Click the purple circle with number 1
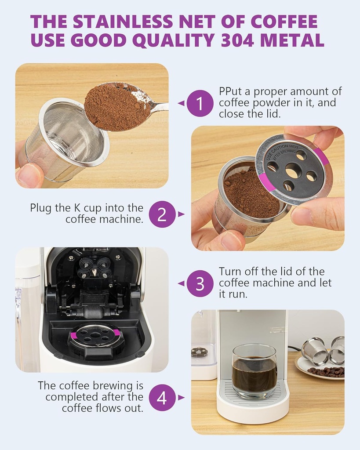[200, 103]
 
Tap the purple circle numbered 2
[162, 214]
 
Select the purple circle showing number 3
[200, 283]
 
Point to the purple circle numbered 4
[162, 398]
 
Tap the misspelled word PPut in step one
[230, 91]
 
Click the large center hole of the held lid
[294, 170]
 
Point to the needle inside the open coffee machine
[94, 272]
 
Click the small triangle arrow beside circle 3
[181, 283]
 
